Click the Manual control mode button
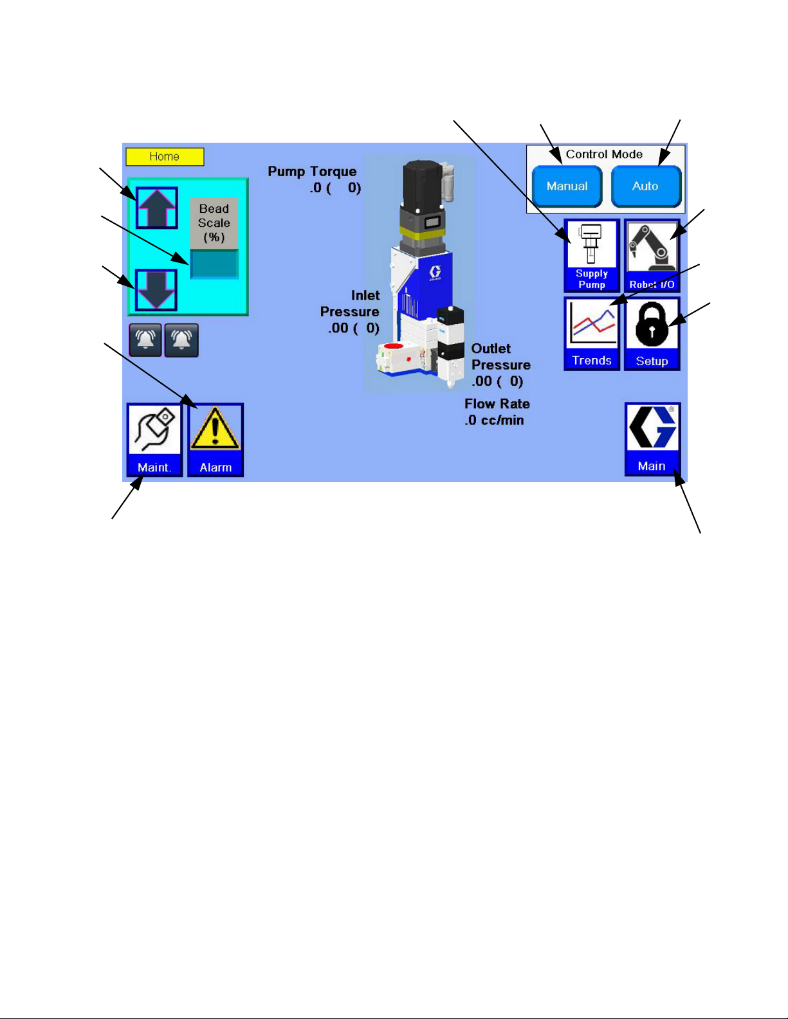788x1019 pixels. coord(567,186)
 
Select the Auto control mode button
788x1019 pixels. coord(645,186)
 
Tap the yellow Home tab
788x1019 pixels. coord(165,157)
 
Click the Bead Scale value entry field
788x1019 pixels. coord(214,264)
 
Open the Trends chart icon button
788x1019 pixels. coord(592,334)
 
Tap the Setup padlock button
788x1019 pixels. coord(652,334)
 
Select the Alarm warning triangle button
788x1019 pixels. coord(215,440)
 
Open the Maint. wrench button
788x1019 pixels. coord(154,440)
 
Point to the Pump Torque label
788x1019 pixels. coord(312,172)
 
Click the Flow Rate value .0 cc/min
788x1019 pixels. coord(494,420)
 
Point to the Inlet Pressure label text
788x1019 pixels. coord(350,303)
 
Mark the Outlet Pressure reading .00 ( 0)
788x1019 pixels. coord(497,381)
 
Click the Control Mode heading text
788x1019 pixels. coord(604,154)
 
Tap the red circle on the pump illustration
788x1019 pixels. coord(394,347)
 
